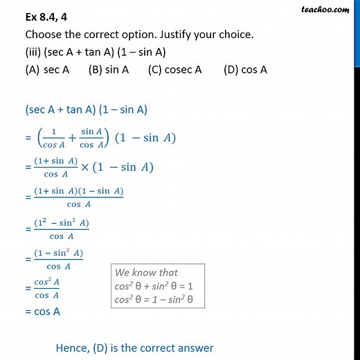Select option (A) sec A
pyautogui.click(x=49, y=69)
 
